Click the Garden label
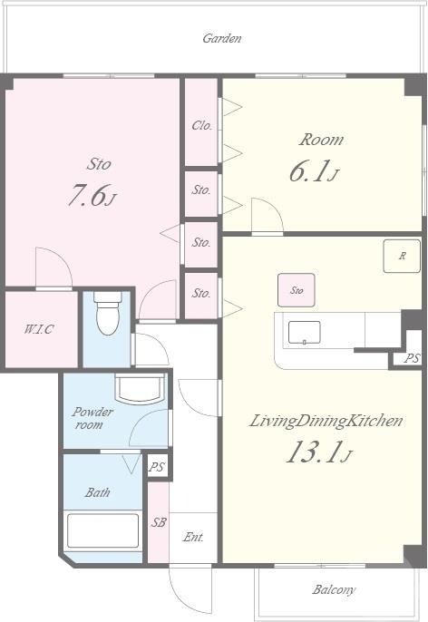pos(222,38)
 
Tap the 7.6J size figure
pos(92,196)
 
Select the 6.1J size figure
pos(314,171)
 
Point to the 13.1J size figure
pos(319,452)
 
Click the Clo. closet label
pos(201,126)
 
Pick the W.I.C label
pos(39,329)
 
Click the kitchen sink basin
pos(305,333)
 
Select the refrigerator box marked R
pos(402,256)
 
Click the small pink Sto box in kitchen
pos(297,290)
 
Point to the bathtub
pos(102,530)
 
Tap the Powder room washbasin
pos(140,388)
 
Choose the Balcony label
pos(334,590)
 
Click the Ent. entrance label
pos(193,537)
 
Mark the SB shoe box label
pos(159,522)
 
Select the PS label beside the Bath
pos(156,467)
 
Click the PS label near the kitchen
pos(412,358)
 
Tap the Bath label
pos(98,492)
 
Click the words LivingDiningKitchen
pos(326,421)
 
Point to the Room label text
pos(321,140)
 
